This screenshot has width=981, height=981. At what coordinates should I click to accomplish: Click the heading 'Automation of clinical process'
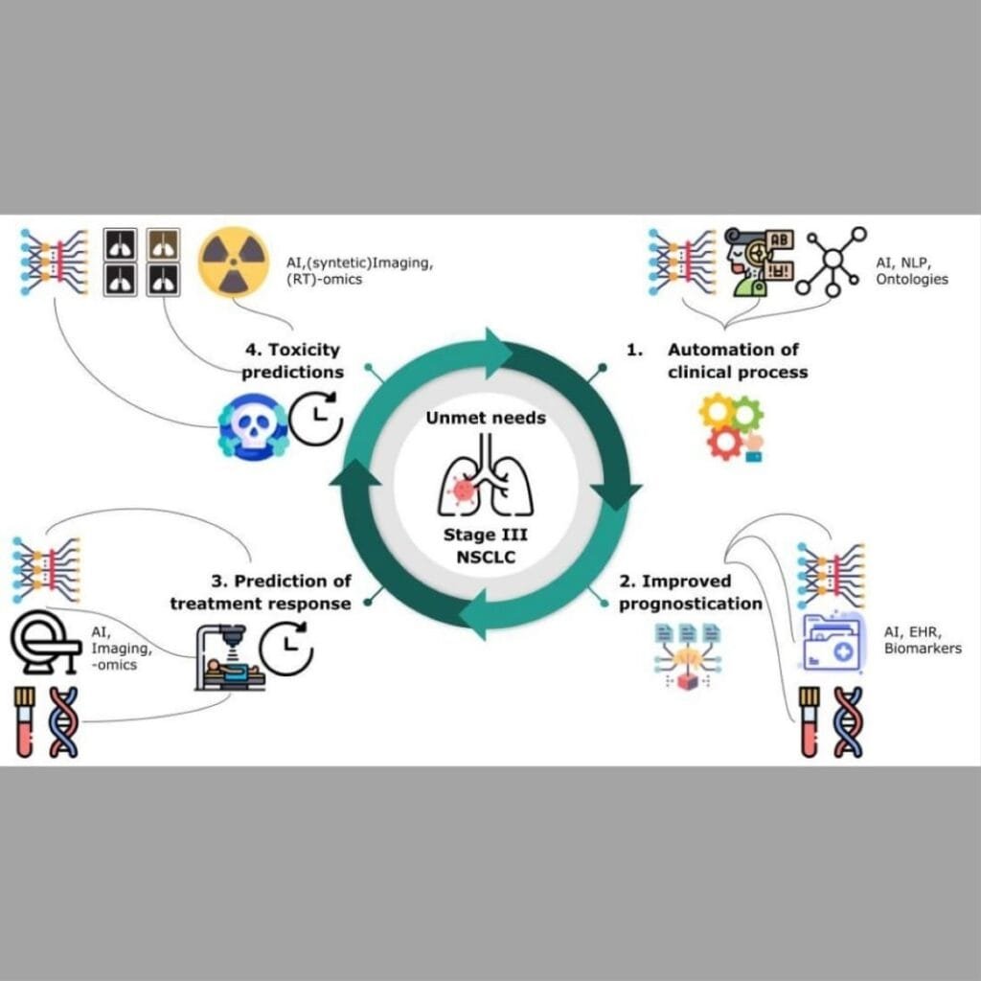click(x=736, y=361)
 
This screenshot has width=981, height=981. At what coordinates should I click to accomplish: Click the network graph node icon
click(x=831, y=260)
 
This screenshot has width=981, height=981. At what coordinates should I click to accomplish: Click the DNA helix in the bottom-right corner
click(x=847, y=722)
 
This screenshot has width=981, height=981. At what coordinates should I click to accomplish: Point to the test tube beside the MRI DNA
click(x=24, y=722)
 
